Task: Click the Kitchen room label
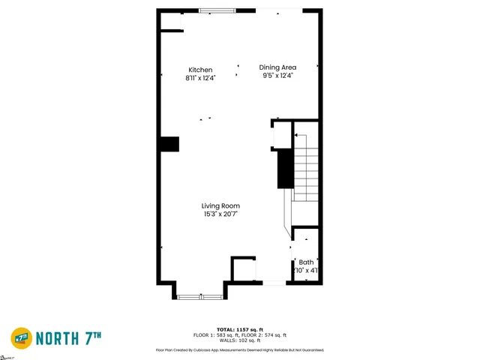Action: click(199, 70)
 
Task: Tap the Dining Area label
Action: click(277, 67)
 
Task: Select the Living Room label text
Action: click(220, 205)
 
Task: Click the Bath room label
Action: click(307, 262)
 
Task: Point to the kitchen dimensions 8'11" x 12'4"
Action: click(200, 78)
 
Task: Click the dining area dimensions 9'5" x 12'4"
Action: click(277, 75)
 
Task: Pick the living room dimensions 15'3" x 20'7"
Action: click(220, 214)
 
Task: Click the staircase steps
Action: click(306, 172)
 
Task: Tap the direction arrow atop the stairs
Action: click(295, 136)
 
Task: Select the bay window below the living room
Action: click(200, 297)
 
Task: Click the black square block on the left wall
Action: click(169, 144)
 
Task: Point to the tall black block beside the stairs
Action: click(285, 169)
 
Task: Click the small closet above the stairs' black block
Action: click(280, 134)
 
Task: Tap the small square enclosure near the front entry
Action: click(243, 269)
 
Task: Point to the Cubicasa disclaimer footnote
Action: click(240, 349)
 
